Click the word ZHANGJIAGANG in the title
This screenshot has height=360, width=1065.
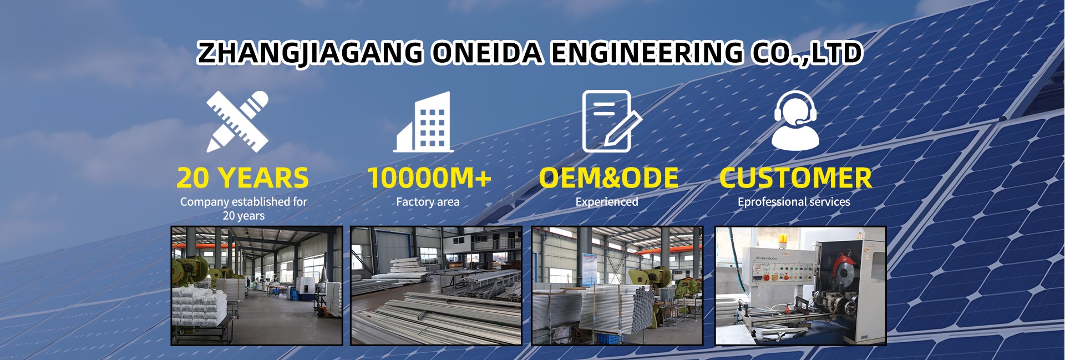point(311,53)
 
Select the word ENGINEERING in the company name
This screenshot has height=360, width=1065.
point(646,53)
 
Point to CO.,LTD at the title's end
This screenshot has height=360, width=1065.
point(807,53)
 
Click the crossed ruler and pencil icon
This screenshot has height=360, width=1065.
point(237,121)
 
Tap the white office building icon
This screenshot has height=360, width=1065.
point(423,122)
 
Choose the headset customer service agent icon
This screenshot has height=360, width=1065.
point(795,120)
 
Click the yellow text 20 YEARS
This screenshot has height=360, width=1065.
point(242,178)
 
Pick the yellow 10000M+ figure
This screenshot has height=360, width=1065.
point(429,178)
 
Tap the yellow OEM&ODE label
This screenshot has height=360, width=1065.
point(608,178)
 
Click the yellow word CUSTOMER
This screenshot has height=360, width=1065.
point(795,178)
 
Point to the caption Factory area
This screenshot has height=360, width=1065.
point(428,202)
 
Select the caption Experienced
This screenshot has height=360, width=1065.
point(607,202)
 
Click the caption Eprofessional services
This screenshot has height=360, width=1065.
point(794,202)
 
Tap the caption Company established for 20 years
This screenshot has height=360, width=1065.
point(244,209)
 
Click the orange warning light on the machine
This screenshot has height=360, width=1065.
point(783,239)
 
